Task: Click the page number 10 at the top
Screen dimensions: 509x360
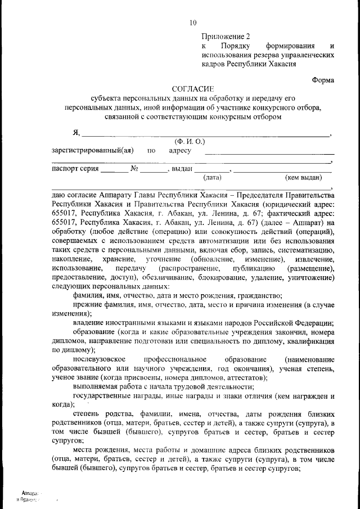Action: point(193,23)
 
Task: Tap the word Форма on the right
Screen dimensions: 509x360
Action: point(323,80)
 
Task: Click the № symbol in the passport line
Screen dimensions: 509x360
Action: point(134,168)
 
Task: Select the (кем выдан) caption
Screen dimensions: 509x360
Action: point(303,177)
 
